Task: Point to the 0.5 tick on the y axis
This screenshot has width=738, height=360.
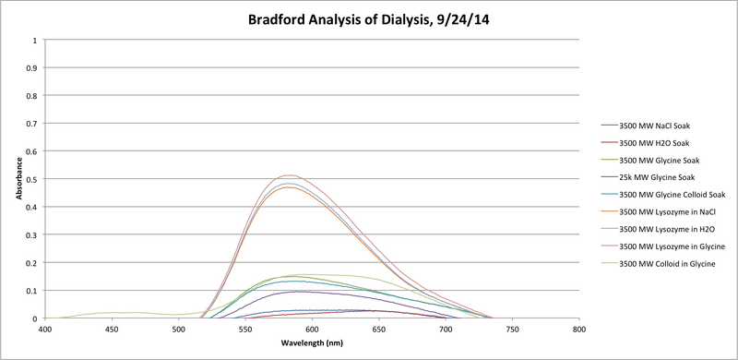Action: (x=33, y=179)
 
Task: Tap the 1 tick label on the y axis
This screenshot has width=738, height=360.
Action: (x=35, y=40)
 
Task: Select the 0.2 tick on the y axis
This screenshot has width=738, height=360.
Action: (x=33, y=263)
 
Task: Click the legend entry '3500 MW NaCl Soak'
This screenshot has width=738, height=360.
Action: (x=655, y=125)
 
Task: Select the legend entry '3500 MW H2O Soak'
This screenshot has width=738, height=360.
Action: (x=654, y=142)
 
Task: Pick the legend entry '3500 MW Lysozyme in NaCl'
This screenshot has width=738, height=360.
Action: (x=668, y=211)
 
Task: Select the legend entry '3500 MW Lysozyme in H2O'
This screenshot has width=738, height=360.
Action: (x=667, y=229)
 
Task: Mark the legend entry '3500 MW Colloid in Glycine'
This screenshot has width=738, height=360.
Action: (x=669, y=264)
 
